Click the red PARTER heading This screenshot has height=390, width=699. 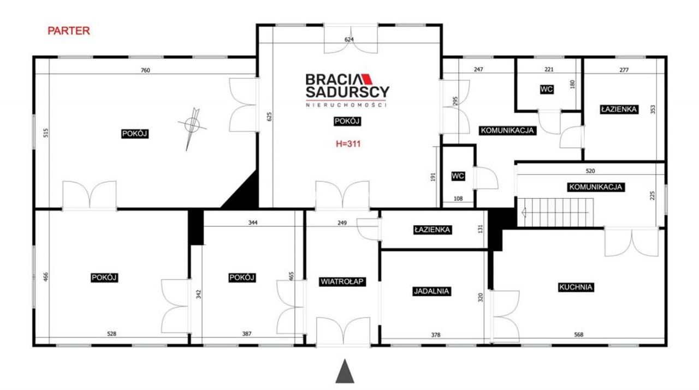tap(69, 31)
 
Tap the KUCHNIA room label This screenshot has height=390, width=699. tap(576, 287)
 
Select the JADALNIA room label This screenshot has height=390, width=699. tap(431, 291)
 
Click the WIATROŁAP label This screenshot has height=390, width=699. tap(342, 282)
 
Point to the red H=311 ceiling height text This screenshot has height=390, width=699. tap(348, 143)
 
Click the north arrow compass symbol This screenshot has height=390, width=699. tap(192, 128)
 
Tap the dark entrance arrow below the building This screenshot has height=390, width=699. tap(345, 371)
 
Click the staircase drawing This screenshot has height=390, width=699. tap(555, 212)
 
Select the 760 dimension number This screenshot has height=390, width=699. tap(145, 70)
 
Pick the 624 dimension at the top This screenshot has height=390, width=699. tap(349, 40)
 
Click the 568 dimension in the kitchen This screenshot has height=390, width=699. tap(578, 334)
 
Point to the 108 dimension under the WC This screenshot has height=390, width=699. tap(458, 199)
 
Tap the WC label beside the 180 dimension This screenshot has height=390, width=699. tap(547, 89)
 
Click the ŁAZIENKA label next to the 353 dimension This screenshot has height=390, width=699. tap(619, 110)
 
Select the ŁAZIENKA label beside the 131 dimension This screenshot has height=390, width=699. tap(432, 230)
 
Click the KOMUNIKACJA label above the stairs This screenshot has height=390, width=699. tap(596, 187)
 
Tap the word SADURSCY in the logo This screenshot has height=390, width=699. tap(347, 92)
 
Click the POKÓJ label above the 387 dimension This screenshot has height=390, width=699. tap(242, 278)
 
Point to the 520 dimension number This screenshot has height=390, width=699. tap(590, 171)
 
